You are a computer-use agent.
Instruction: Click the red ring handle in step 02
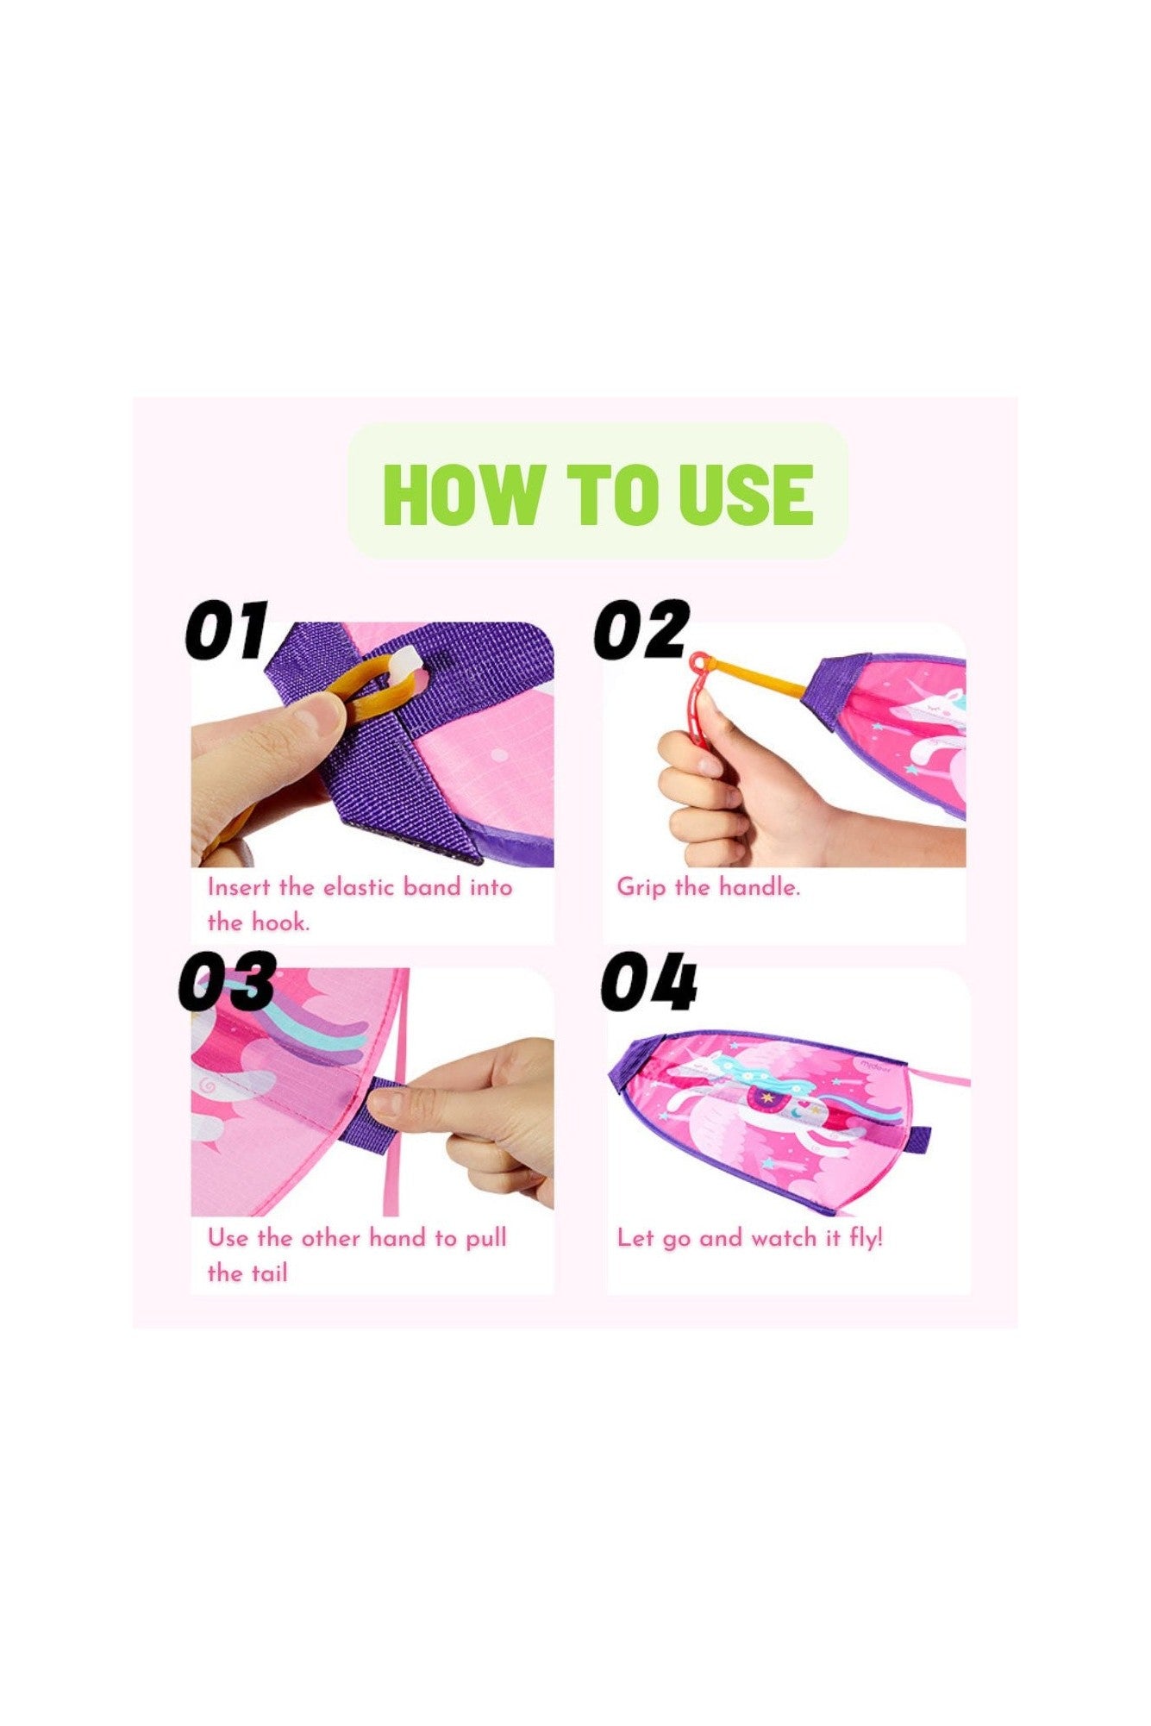coord(700,690)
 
